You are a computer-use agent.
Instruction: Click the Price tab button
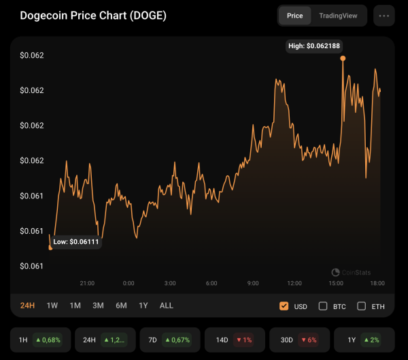point(295,15)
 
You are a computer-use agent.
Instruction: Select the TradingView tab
point(338,15)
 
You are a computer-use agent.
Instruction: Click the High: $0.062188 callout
point(314,46)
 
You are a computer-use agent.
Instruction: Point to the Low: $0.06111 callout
point(76,241)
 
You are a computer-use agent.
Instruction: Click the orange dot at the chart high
point(343,58)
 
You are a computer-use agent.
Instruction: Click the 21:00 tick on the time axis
point(87,283)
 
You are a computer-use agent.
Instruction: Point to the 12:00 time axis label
point(294,283)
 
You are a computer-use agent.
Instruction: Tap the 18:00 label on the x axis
point(377,283)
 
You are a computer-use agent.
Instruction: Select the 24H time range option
point(28,306)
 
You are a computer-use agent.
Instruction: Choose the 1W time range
point(52,306)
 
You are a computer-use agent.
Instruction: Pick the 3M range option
point(98,306)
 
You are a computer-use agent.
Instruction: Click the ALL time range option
point(167,306)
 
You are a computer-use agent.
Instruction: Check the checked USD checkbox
point(284,306)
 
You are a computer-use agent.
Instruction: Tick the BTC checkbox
point(323,306)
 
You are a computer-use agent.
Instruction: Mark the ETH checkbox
point(362,306)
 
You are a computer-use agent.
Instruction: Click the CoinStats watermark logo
point(336,272)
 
